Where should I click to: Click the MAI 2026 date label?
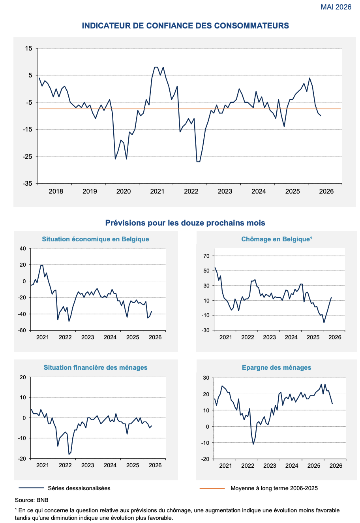pos(336,7)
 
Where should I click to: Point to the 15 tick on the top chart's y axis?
pos(29,48)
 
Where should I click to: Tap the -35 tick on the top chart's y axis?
pos(28,183)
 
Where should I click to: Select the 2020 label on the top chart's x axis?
pos(124,191)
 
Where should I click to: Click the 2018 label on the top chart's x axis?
pos(56,191)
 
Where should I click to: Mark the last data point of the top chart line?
pos(321,116)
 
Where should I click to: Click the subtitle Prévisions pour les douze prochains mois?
pos(185,223)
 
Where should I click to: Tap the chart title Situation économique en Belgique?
pos(96,239)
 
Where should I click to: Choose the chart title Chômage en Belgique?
pos(276,239)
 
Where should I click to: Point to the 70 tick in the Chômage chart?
pos(206,256)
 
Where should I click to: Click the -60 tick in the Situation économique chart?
pos(22,330)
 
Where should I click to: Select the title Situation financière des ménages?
pos(96,367)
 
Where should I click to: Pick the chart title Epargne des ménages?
pos(276,367)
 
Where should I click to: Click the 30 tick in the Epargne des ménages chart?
pos(206,378)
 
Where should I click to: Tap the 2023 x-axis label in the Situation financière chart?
pos(88,465)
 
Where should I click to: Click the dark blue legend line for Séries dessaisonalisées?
pos(31,488)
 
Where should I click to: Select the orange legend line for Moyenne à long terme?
pos(212,488)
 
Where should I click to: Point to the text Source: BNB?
pos(32,500)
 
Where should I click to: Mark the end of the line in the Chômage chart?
pos(331,297)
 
